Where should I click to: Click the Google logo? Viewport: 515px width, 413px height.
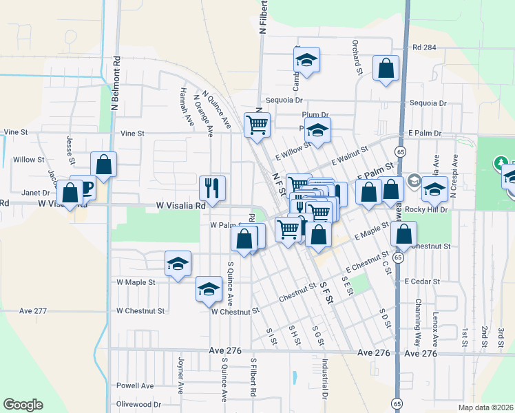[x=23, y=405]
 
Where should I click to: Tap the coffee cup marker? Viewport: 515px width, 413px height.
[x=83, y=187]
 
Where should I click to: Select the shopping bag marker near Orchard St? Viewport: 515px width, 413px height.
[x=386, y=69]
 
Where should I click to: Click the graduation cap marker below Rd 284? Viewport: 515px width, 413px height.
[x=307, y=61]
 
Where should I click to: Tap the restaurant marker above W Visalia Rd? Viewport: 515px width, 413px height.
[x=212, y=188]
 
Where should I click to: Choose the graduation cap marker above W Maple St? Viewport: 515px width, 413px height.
[x=178, y=264]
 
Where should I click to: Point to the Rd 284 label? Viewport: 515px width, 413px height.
[x=425, y=47]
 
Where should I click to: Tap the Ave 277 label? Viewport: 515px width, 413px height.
[x=33, y=311]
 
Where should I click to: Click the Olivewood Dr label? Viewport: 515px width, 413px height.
[x=138, y=404]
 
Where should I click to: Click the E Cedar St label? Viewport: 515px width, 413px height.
[x=421, y=281]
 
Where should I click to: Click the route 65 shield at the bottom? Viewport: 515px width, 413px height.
[x=398, y=403]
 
